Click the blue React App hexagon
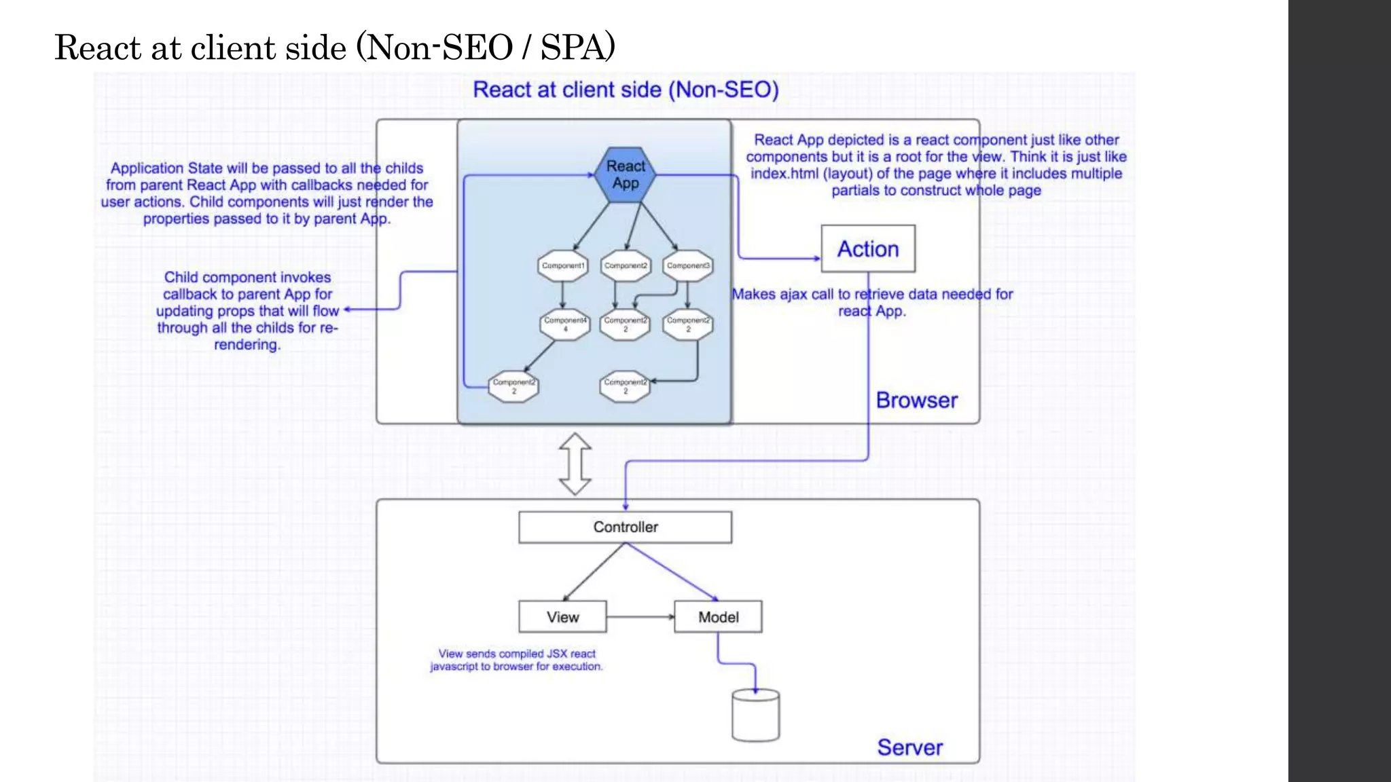tap(626, 175)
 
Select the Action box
tap(868, 249)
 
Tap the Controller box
tap(625, 527)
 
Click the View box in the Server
tap(562, 617)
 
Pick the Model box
tap(718, 617)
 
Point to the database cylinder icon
tap(755, 715)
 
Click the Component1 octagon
tap(563, 266)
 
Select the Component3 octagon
tap(687, 266)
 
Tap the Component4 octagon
tap(564, 324)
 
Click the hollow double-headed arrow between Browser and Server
tap(575, 464)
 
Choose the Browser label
tap(916, 401)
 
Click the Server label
tap(909, 747)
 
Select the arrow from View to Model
tap(640, 617)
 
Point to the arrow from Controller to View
tap(593, 572)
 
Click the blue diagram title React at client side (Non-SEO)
tap(626, 90)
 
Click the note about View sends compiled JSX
tap(516, 660)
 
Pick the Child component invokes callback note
tap(247, 310)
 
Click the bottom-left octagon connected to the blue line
tap(513, 387)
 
